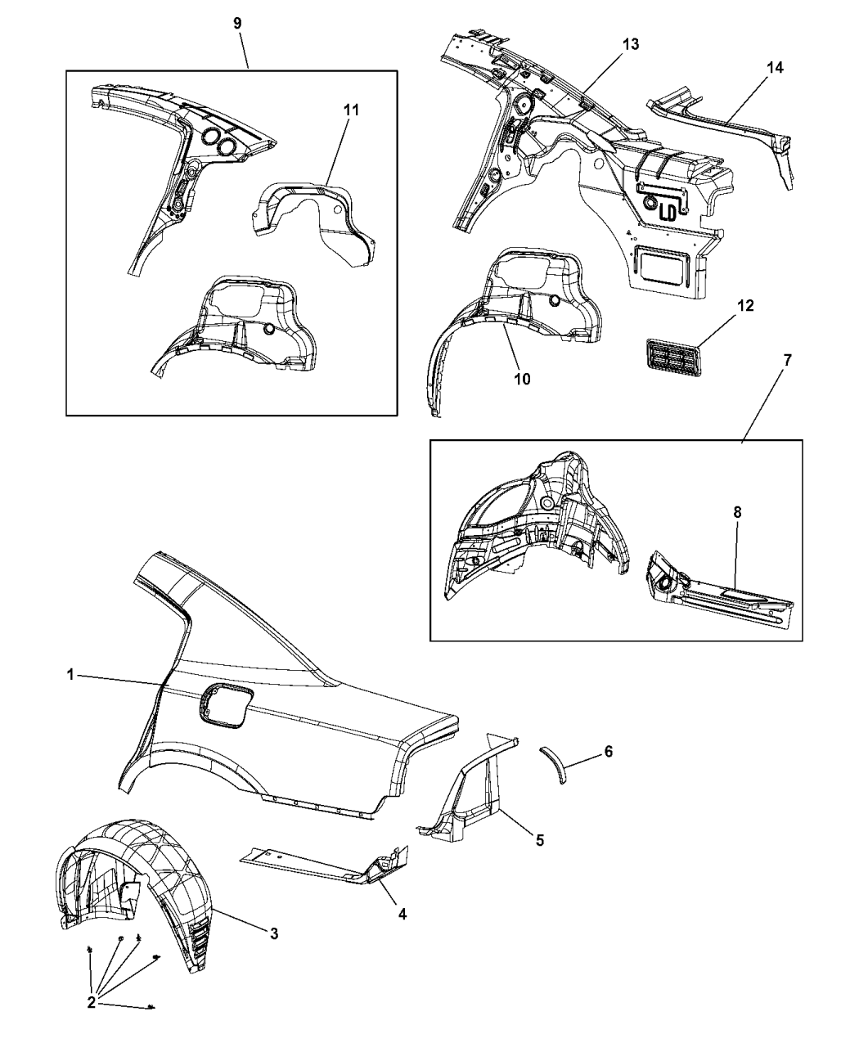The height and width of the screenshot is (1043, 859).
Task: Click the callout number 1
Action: point(71,675)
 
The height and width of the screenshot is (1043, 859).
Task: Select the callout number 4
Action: point(402,913)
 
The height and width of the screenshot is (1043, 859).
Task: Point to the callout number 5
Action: point(539,839)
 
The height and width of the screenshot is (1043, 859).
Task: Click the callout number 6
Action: point(608,751)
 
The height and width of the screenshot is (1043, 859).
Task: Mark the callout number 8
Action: point(737,511)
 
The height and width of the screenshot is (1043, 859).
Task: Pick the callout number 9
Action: point(237,23)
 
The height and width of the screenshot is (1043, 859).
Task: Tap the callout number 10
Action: point(522,379)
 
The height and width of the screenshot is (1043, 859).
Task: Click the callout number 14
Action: point(774,68)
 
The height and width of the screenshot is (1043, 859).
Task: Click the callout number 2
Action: point(92,1002)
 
